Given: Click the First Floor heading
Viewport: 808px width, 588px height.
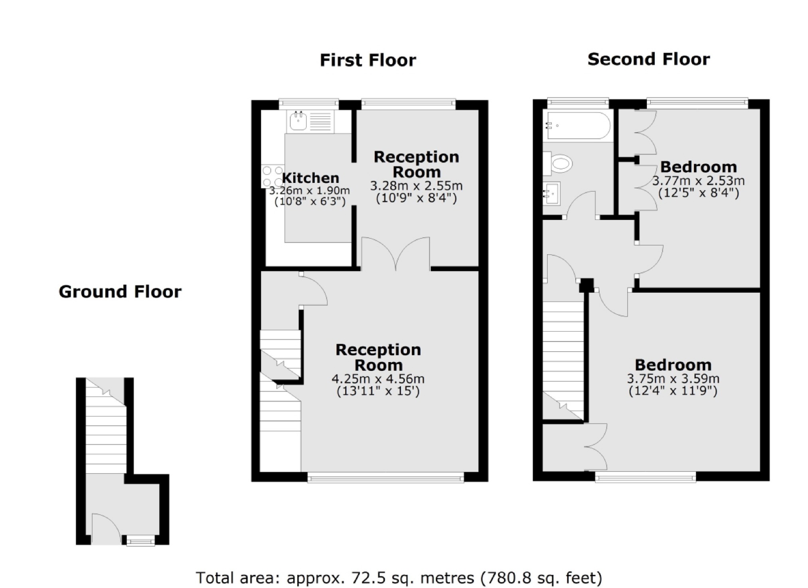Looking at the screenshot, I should pos(367,60).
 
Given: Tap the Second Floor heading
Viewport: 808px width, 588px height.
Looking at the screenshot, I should pos(648,59).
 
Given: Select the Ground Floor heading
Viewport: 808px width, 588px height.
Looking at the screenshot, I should pos(120,292).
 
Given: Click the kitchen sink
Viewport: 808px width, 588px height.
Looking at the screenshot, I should pos(298,121).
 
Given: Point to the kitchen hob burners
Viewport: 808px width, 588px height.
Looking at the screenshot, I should pos(273,176).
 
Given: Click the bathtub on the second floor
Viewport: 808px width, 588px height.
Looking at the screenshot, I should pos(578,125).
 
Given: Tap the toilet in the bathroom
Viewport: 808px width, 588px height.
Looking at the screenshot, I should pos(559,163).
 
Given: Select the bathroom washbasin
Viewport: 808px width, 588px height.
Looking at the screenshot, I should pos(552,193).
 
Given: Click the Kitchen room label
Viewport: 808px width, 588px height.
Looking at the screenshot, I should pos(310,178).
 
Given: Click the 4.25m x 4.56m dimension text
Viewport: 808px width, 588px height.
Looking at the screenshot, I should pos(378,378).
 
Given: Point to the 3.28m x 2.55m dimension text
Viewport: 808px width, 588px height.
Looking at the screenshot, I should pos(416,186).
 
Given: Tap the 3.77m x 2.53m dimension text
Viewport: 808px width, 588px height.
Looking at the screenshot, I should pos(698,181).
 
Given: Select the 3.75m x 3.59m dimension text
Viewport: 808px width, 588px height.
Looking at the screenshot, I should pos(673,378).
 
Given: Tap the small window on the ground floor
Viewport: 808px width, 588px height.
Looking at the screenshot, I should pos(140,541).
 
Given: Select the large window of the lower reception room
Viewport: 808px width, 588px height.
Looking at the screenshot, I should pos(385,477).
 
